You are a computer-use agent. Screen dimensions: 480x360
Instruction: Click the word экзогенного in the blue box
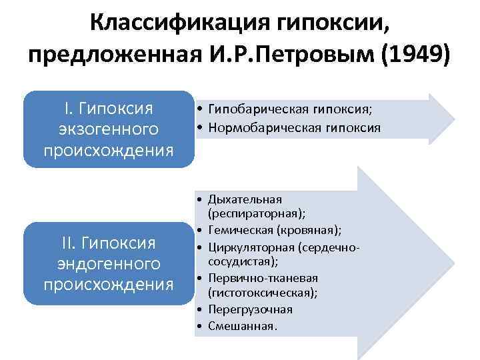(x=109, y=127)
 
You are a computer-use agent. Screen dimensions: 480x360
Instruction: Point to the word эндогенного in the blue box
(x=108, y=263)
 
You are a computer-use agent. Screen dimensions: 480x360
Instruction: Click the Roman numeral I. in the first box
(x=69, y=107)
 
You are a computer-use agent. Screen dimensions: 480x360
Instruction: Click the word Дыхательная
(x=245, y=199)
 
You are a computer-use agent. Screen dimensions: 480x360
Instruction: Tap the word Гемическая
(x=241, y=230)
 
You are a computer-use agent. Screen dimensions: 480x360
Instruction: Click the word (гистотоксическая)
(x=263, y=292)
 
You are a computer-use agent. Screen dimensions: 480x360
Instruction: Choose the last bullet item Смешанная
(x=242, y=326)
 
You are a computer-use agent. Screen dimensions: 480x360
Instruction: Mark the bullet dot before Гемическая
(x=200, y=230)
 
